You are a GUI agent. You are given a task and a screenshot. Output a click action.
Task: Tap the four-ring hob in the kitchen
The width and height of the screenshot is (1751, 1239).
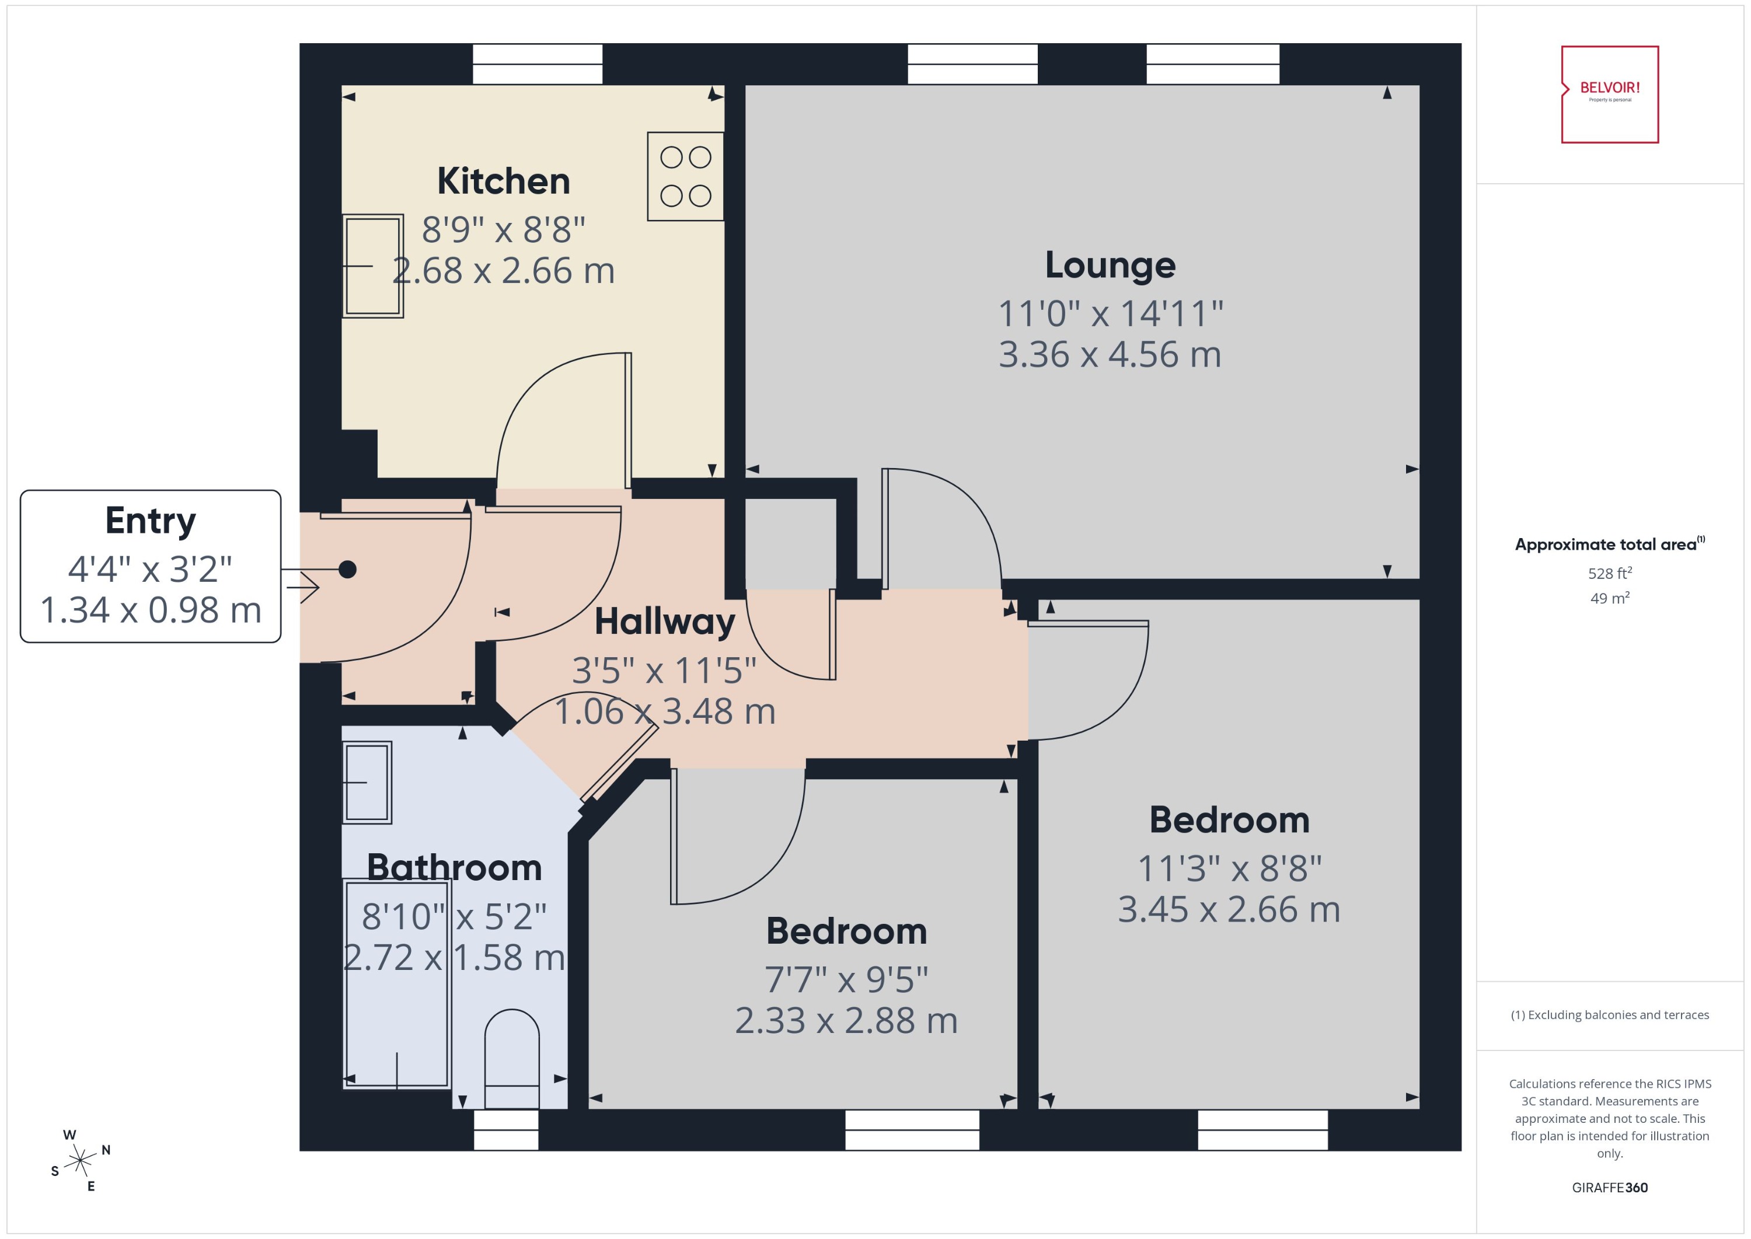685,176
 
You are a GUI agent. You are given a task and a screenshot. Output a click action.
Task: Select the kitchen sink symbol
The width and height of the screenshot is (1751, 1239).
372,266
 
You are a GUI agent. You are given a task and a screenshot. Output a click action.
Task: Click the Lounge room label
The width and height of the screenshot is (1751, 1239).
1110,265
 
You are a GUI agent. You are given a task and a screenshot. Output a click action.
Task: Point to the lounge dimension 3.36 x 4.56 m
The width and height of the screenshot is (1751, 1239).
1110,355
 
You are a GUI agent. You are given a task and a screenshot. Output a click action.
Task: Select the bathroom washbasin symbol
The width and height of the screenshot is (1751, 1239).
367,783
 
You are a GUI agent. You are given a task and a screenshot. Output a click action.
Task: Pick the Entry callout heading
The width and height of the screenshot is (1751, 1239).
151,521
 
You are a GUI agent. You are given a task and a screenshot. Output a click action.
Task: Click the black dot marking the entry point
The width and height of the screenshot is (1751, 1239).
347,569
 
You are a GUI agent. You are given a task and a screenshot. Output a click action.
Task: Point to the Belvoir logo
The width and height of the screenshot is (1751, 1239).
1609,94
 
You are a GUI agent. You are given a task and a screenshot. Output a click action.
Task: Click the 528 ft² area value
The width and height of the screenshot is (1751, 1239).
1609,573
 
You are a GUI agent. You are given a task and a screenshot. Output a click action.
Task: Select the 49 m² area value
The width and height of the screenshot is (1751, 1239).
1609,598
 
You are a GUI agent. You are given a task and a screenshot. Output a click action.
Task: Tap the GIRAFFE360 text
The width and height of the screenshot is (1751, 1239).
1609,1187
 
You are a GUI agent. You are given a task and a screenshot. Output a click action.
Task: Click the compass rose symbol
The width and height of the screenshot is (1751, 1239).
79,1161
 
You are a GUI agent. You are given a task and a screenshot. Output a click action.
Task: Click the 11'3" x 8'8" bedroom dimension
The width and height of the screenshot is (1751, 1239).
1229,868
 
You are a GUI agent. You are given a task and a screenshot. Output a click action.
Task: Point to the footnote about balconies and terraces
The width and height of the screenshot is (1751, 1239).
1609,1015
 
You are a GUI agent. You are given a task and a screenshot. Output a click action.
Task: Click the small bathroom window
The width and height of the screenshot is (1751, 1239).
506,1130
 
